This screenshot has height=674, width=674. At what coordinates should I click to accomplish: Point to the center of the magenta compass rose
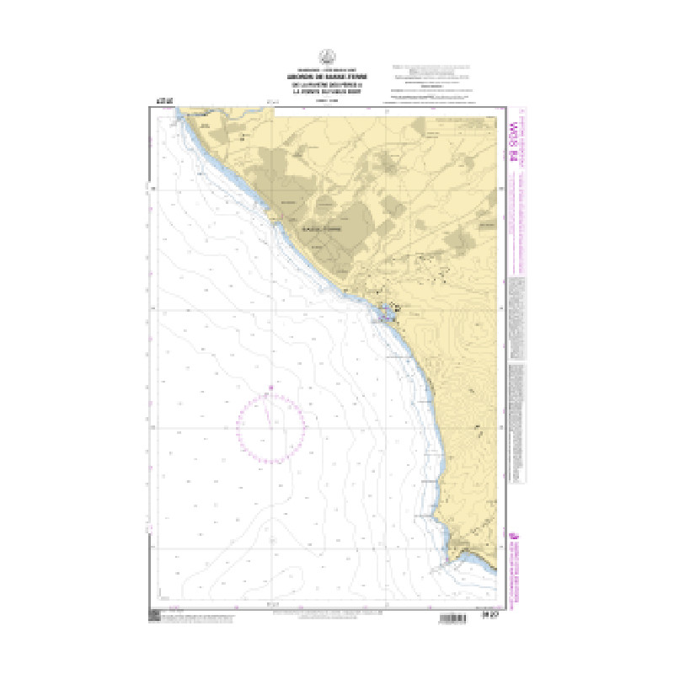point(270,427)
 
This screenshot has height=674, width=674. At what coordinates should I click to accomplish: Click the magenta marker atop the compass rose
point(270,388)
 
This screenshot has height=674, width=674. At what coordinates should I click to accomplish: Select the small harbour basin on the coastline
point(387,314)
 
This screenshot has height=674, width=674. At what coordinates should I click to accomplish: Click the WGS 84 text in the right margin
point(515,134)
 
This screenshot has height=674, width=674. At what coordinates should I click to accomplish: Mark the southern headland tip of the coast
point(456,557)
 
